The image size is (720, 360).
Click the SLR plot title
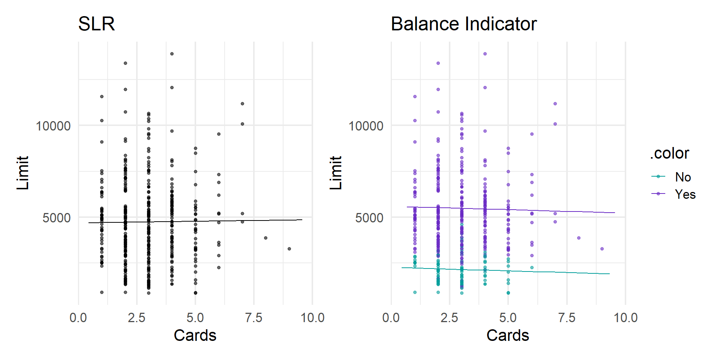96,24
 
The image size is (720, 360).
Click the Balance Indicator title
463,24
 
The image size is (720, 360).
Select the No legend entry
682,177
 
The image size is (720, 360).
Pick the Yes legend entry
685,194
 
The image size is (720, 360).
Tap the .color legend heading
669,153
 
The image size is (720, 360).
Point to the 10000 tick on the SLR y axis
53,126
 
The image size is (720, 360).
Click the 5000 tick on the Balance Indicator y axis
369,218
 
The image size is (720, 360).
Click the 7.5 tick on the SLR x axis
253,318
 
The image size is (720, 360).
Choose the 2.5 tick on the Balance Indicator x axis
449,318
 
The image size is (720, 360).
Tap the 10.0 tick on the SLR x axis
312,318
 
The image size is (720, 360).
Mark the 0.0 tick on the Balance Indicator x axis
391,318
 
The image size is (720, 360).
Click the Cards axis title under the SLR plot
195,335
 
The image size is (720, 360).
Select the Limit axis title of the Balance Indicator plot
336,173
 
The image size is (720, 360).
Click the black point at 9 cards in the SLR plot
289,249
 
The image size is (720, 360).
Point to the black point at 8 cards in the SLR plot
265,238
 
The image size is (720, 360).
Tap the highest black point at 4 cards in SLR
172,54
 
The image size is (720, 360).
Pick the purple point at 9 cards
602,249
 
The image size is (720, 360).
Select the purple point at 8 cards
579,238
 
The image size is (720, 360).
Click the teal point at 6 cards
532,267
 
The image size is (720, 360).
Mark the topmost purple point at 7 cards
555,104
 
